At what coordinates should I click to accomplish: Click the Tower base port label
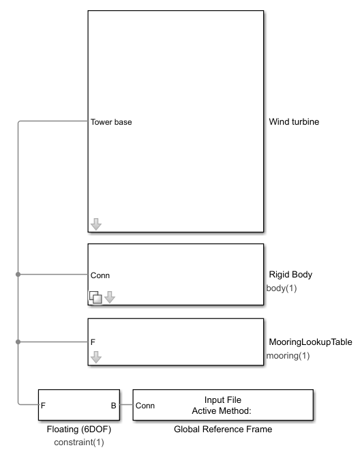[111, 122]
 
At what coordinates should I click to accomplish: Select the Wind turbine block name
[294, 121]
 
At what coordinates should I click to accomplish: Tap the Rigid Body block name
[290, 275]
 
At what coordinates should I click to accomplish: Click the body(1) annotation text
[282, 288]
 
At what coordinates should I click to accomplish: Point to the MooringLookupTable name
[310, 342]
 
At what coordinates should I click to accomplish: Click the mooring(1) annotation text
[288, 356]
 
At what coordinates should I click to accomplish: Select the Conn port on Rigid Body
[100, 275]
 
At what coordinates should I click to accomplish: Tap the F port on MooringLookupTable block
[93, 342]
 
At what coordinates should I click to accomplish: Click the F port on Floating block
[43, 406]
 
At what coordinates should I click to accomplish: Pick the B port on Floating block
[114, 406]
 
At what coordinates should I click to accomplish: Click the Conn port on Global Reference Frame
[145, 406]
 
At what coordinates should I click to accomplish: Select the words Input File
[223, 400]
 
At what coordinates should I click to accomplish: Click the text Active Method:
[222, 411]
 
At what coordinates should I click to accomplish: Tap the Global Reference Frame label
[223, 430]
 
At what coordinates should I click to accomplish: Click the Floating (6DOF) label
[79, 430]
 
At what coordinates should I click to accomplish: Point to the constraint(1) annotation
[79, 442]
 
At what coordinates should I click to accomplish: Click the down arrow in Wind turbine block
[96, 224]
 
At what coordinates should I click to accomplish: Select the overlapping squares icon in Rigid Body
[95, 297]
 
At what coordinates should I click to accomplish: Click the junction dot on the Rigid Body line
[18, 275]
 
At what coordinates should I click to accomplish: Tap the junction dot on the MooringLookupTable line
[18, 342]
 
